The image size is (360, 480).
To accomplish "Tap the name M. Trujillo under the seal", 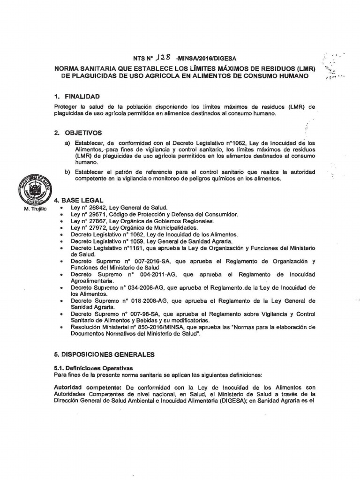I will (33, 208).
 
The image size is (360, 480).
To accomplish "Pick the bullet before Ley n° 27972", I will (61, 228).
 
